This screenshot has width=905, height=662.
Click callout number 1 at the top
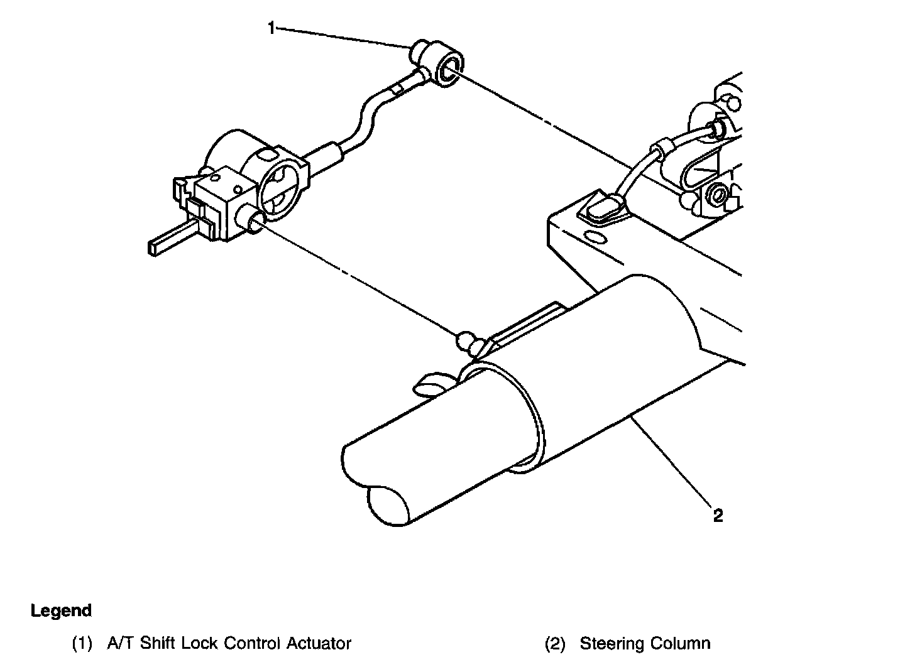coord(271,28)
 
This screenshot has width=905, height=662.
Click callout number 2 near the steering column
coord(718,516)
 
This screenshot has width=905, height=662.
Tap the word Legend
coord(61,610)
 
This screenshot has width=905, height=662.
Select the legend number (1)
coord(82,644)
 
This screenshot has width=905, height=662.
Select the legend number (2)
coord(554,644)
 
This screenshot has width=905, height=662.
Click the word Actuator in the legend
coord(319,644)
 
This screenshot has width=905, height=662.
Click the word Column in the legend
coord(681,644)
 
